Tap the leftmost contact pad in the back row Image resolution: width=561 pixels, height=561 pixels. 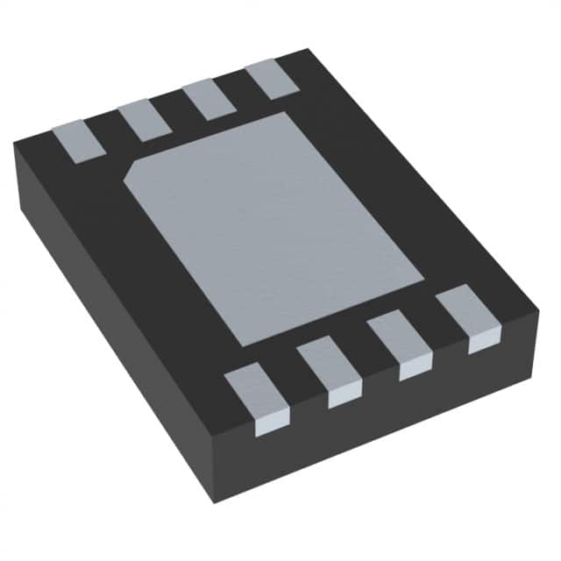pos(79,140)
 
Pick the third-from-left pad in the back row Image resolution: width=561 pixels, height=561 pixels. pos(209,99)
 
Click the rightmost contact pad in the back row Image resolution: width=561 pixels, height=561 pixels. pos(271,79)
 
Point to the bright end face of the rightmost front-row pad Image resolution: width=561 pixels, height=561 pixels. pos(484,340)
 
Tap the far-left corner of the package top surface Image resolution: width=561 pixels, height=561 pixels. pos(15,142)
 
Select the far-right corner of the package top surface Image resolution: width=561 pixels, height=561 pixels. pos(537,309)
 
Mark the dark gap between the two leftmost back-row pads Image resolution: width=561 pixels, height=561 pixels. pos(111,131)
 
